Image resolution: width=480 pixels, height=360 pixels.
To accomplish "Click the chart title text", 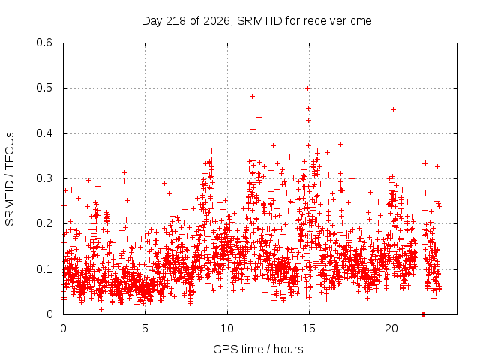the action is click(258, 21).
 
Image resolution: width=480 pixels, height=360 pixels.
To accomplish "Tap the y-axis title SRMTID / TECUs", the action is click(10, 179).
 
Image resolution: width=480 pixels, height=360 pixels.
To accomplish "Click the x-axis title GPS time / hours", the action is click(258, 349).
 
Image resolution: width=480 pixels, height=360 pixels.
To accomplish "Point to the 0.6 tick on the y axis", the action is click(44, 43).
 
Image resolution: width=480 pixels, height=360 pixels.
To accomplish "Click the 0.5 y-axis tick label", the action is click(44, 88).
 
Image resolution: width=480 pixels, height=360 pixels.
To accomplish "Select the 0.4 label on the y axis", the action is click(44, 133).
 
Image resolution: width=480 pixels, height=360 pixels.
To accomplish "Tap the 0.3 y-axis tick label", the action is click(44, 178).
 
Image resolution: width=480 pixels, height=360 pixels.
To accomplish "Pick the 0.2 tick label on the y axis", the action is click(44, 223).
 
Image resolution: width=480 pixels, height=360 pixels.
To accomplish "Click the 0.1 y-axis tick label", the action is click(44, 269).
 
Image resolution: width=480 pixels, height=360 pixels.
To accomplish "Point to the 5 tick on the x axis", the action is click(145, 328).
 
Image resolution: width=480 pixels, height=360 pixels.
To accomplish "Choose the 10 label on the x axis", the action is click(227, 328).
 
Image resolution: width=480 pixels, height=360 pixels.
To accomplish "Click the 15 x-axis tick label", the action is click(309, 328).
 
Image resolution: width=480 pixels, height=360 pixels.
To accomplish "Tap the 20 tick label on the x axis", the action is click(391, 328).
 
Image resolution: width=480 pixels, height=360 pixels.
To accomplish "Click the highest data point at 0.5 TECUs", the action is click(308, 88).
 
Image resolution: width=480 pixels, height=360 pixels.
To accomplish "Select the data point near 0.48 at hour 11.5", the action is click(252, 97).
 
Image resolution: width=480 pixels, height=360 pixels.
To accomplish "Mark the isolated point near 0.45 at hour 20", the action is click(393, 109).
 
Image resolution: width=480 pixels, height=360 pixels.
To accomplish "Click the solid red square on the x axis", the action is click(423, 314).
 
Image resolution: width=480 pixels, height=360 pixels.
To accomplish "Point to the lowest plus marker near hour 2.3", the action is click(102, 309).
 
